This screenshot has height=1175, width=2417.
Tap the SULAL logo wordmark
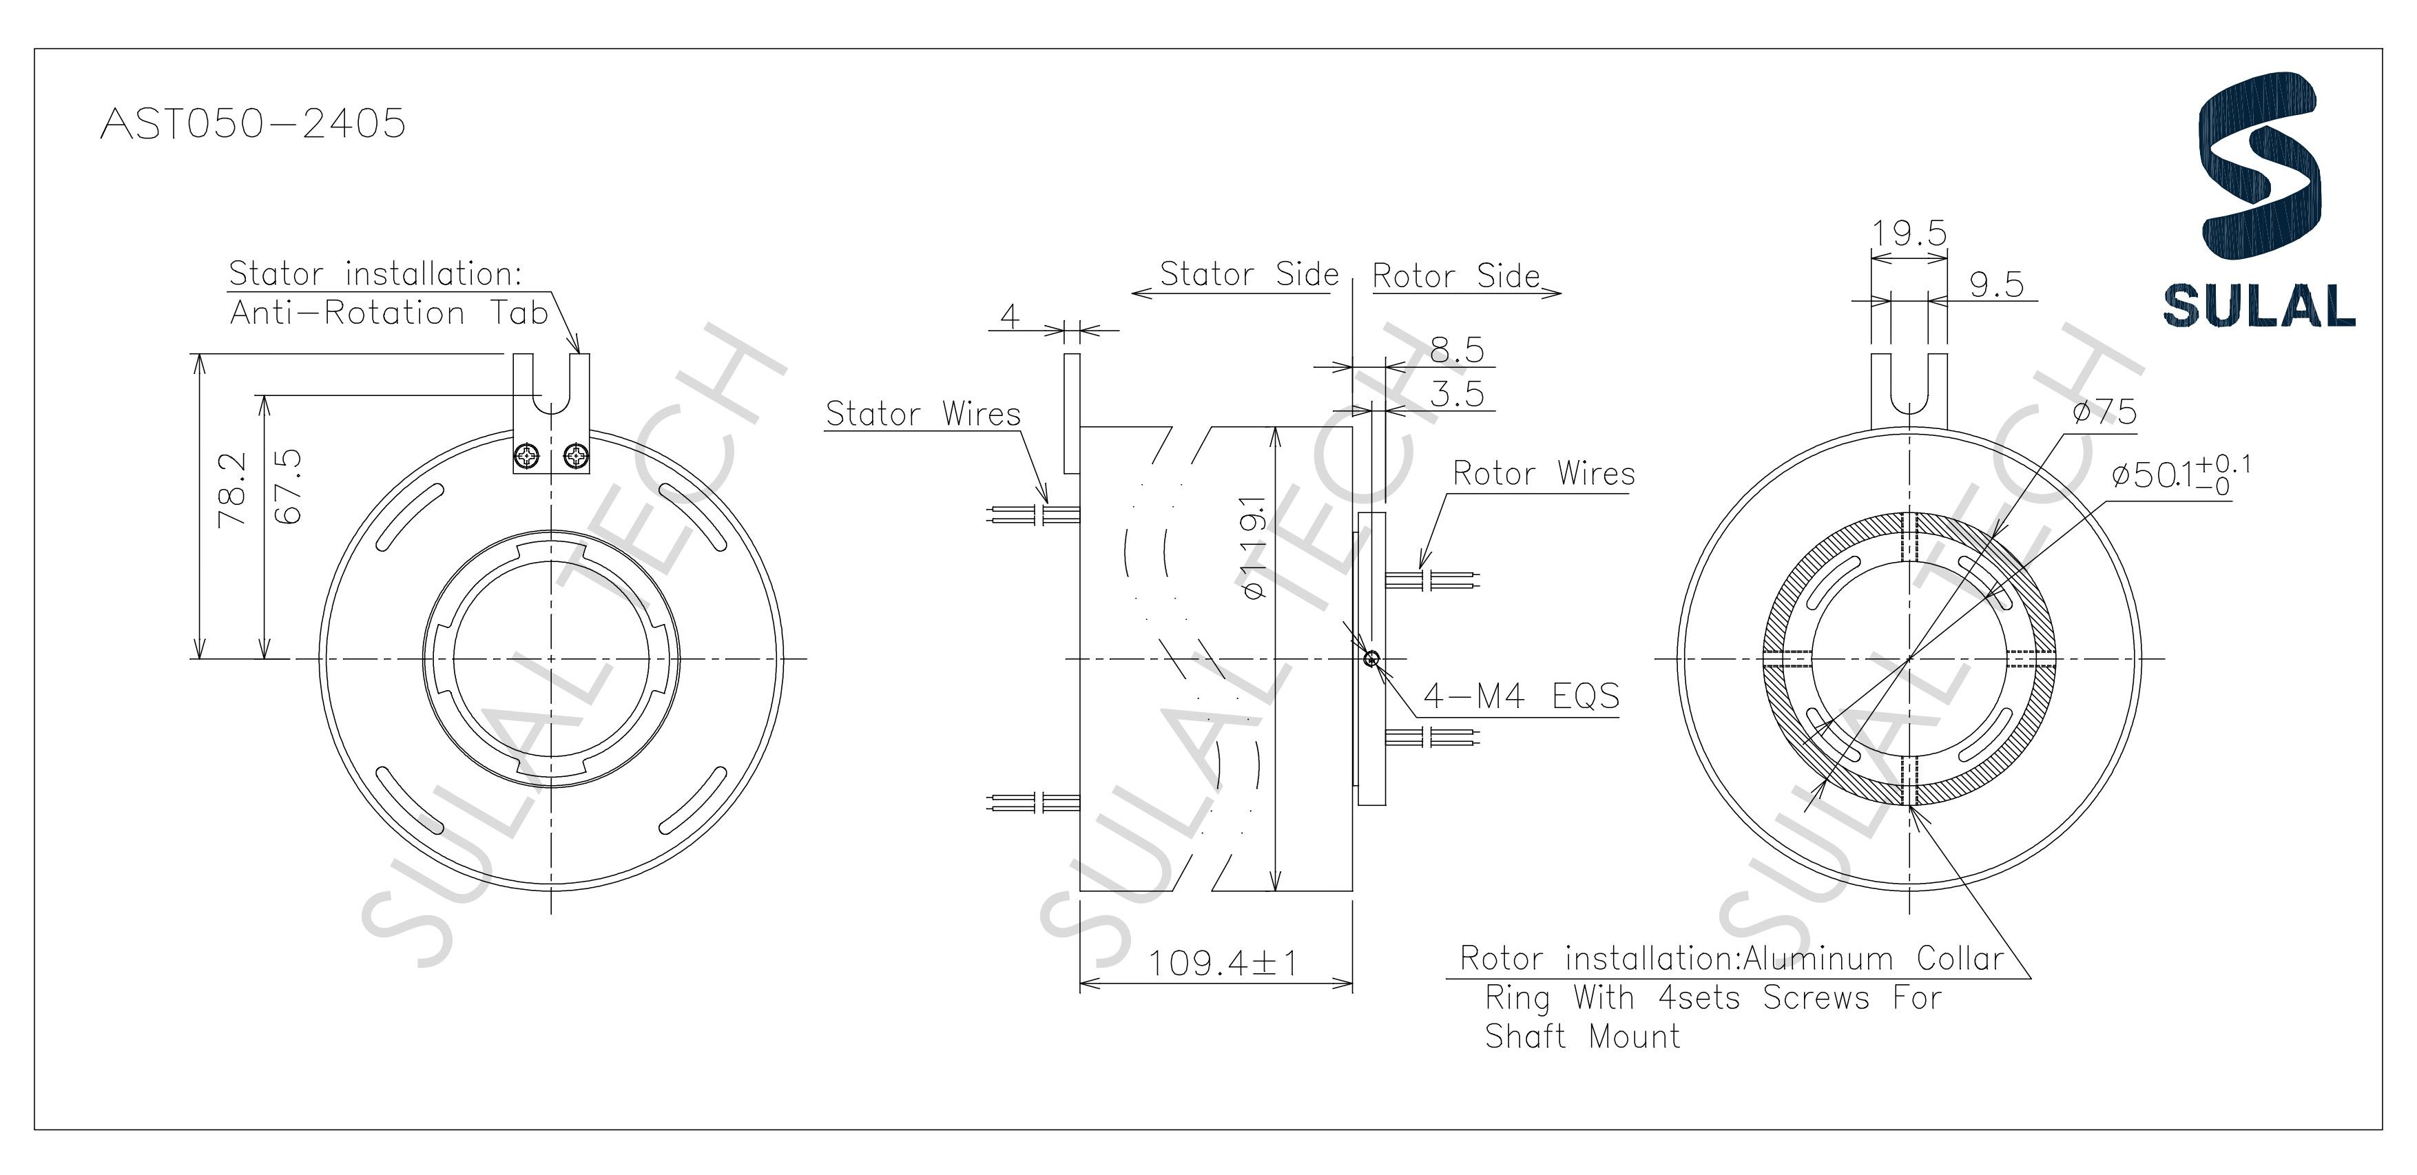(2259, 305)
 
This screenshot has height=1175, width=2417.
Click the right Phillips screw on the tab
(575, 457)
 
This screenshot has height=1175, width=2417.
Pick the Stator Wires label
(922, 414)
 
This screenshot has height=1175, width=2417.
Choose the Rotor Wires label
(1544, 474)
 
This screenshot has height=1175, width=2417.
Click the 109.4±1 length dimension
(1222, 963)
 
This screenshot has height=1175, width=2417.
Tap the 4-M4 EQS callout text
(1521, 696)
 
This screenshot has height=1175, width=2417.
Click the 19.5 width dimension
(1909, 233)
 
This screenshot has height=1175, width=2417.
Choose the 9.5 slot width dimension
(1995, 284)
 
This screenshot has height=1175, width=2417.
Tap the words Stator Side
(1249, 274)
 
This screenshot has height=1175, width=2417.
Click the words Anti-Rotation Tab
(388, 313)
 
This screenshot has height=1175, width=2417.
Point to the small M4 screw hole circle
(1371, 659)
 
